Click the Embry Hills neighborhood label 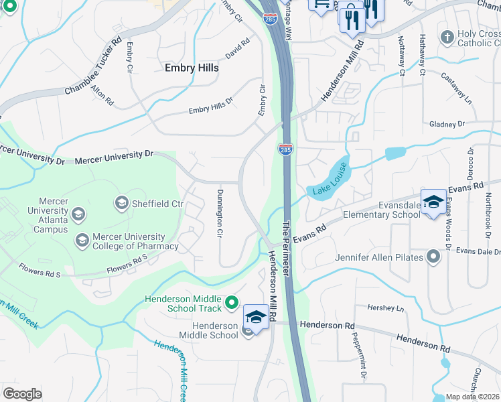click(x=192, y=68)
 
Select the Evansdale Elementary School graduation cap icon click(x=434, y=202)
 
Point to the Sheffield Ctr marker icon click(x=121, y=202)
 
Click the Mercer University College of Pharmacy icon click(x=82, y=241)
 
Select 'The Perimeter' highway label click(x=287, y=247)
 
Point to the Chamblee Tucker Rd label click(x=94, y=66)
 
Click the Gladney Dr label click(x=447, y=125)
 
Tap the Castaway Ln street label click(x=457, y=87)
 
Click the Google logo click(x=22, y=393)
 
